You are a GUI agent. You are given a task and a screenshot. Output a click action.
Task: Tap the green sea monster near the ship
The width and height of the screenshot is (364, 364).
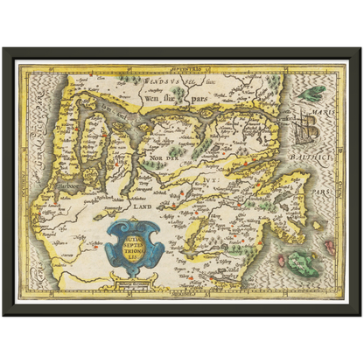[x=310, y=91]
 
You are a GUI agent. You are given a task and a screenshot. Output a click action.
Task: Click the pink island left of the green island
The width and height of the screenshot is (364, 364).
[x=280, y=260]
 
